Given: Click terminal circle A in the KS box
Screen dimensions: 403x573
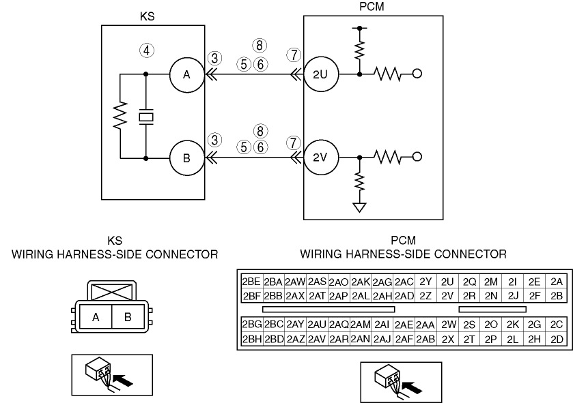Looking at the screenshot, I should pos(186,75).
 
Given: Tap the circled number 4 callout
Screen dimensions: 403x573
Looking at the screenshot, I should pos(145,50).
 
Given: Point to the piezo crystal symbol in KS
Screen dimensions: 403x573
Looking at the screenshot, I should pos(145,117).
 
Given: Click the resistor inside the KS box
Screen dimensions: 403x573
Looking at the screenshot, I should pos(120,117).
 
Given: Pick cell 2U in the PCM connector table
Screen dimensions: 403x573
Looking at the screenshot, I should pos(447,281).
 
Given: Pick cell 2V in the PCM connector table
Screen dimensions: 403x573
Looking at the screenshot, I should pos(447,295).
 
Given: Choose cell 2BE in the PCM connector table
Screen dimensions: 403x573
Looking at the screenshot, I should pos(251,281).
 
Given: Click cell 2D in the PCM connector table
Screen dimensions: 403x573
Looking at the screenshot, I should pos(556,339).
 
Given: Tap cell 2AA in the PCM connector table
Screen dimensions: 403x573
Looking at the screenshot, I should pos(425,324).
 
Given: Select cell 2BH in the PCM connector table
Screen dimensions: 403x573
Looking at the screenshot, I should pos(251,339).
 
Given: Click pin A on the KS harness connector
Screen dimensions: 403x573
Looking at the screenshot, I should pos(97,316).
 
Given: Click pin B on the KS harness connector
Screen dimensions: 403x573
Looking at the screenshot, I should pos(128,316).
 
